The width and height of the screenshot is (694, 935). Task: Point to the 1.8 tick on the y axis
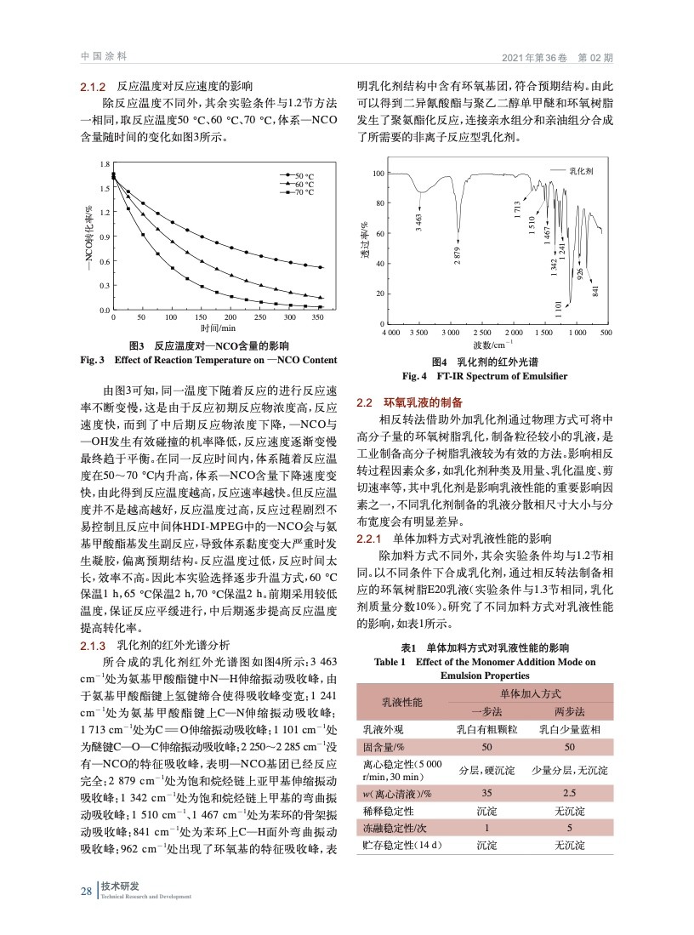(x=105, y=163)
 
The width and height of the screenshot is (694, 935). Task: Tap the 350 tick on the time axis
(x=318, y=316)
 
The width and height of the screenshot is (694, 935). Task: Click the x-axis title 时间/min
(x=216, y=328)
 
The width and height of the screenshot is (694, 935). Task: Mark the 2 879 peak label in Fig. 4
(x=458, y=254)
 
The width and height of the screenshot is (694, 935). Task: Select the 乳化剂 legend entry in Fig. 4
(x=581, y=172)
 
